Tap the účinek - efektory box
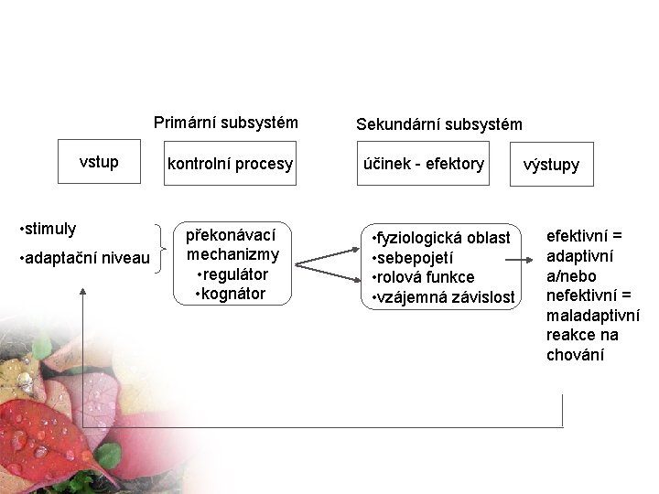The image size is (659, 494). coord(425,165)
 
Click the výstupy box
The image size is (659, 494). coord(551,166)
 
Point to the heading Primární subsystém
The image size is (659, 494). coord(226,122)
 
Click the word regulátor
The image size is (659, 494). coord(235,274)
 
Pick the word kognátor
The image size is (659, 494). coord(233,294)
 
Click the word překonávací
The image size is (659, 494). coord(232,235)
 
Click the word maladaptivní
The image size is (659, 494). coord(592,316)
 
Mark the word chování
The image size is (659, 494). coord(575,355)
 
